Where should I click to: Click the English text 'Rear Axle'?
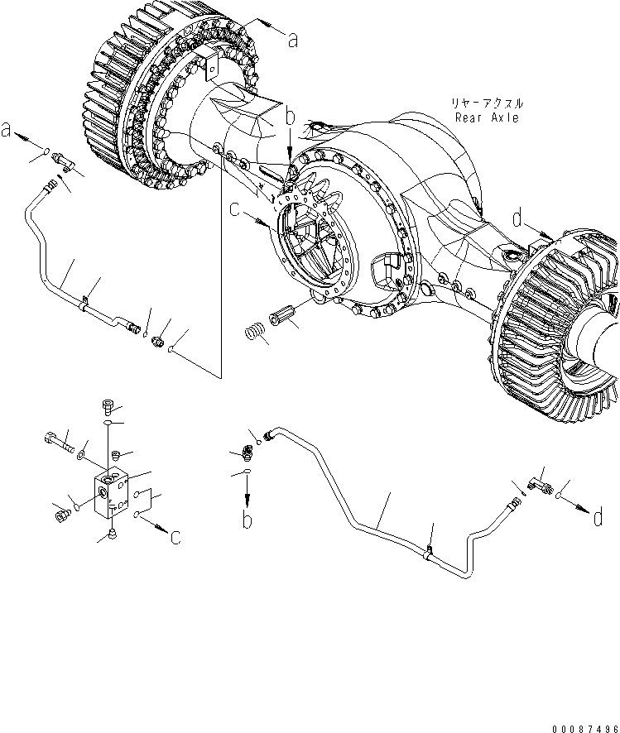pyautogui.click(x=487, y=117)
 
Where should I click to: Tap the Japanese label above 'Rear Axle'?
pyautogui.click(x=487, y=103)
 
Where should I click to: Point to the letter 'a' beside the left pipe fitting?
pyautogui.click(x=7, y=130)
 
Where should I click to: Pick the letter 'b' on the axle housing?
pyautogui.click(x=289, y=120)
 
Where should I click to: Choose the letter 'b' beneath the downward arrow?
pyautogui.click(x=247, y=520)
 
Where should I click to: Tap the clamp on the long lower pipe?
pyautogui.click(x=429, y=553)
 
